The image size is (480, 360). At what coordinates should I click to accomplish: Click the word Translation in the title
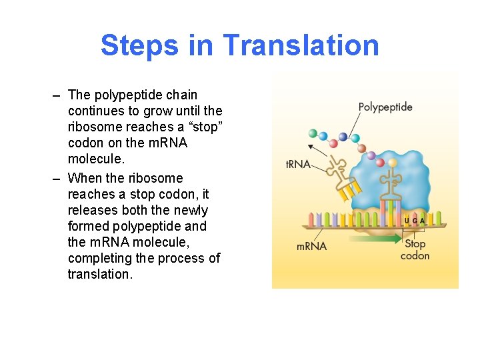(301, 45)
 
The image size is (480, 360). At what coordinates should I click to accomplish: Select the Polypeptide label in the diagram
(385, 107)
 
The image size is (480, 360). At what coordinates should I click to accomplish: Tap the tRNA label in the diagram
(298, 164)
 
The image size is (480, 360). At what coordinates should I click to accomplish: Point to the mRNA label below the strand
(311, 246)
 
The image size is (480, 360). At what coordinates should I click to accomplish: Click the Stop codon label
(415, 250)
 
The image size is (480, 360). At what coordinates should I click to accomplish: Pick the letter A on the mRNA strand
(422, 221)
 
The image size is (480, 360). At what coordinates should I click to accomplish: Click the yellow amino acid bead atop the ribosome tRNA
(393, 162)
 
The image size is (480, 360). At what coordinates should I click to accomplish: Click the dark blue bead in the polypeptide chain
(343, 137)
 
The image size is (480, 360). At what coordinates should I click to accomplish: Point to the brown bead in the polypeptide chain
(380, 162)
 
